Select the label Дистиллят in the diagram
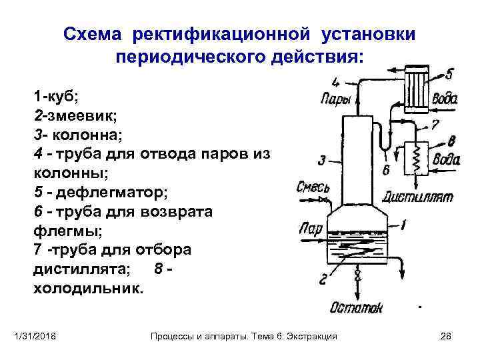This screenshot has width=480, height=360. pos(418,197)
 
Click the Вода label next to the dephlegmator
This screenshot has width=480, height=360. pos(444,99)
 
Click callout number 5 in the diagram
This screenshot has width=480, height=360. pos(449,73)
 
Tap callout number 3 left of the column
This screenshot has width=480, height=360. pos(322,160)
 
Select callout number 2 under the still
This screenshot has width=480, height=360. pos(323,279)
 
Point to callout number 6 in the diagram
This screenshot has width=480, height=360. pos(386,170)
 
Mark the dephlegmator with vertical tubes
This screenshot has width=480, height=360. pos(419,85)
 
